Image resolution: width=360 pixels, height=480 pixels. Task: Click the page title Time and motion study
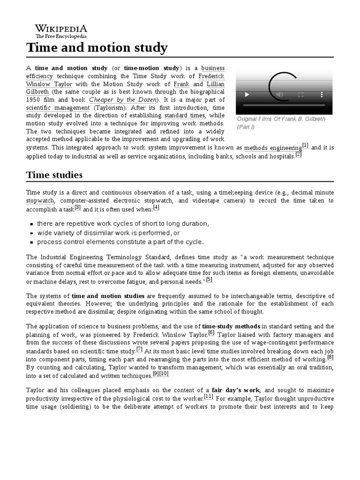tap(97, 47)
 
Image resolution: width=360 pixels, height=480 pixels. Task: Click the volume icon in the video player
tap(280, 95)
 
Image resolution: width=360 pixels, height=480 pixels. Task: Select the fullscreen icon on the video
tap(301, 95)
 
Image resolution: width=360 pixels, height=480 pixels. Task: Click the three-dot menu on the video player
tap(322, 95)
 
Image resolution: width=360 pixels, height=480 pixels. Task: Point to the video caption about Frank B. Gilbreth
tap(281, 123)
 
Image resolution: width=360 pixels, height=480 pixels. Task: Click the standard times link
tap(185, 115)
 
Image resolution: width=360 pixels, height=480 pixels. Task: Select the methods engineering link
tap(273, 148)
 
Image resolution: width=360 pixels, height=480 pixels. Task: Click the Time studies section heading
tap(54, 175)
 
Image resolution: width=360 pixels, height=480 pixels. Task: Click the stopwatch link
tap(40, 201)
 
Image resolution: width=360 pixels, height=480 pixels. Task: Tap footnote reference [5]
tap(209, 280)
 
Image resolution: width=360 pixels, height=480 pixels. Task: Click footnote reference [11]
tap(208, 396)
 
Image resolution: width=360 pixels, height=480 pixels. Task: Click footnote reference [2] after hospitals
tap(299, 154)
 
